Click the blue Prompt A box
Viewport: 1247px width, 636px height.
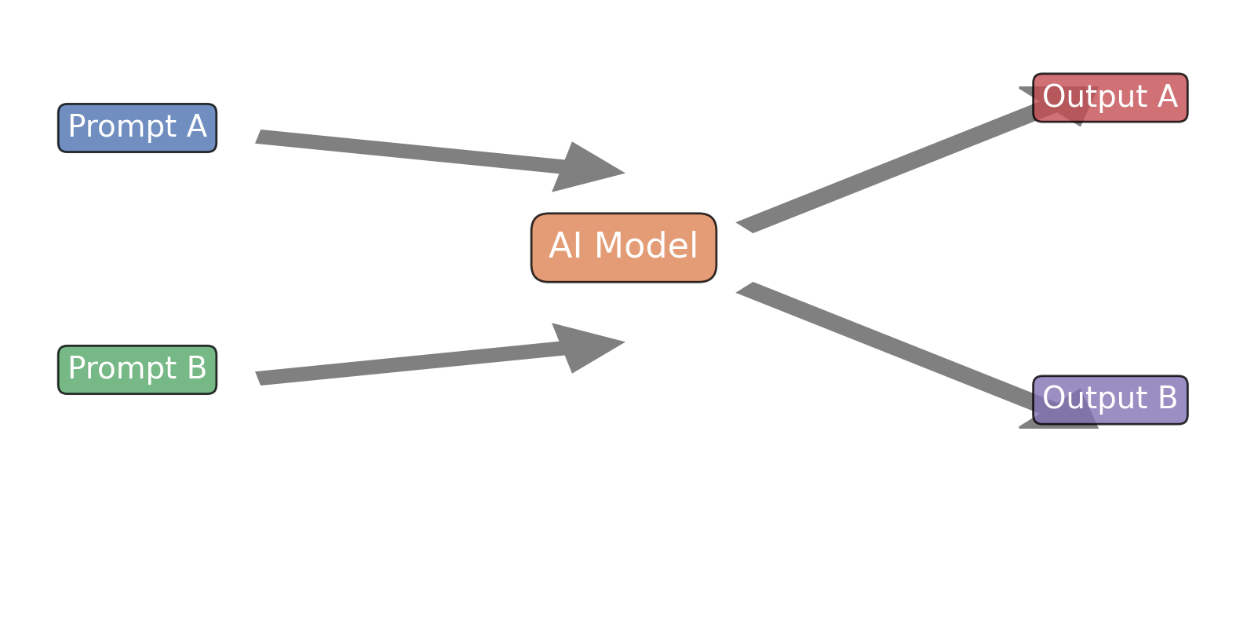137,128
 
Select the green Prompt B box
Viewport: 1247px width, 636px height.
137,370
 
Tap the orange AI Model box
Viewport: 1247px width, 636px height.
624,247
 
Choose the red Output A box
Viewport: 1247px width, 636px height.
1110,98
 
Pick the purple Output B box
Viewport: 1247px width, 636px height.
1110,400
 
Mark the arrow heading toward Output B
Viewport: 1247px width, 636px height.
887,345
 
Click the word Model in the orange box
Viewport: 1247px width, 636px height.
646,247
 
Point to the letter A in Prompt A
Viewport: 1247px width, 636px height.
197,127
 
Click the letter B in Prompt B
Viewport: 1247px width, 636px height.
197,369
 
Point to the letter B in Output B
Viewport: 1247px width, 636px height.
1168,399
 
